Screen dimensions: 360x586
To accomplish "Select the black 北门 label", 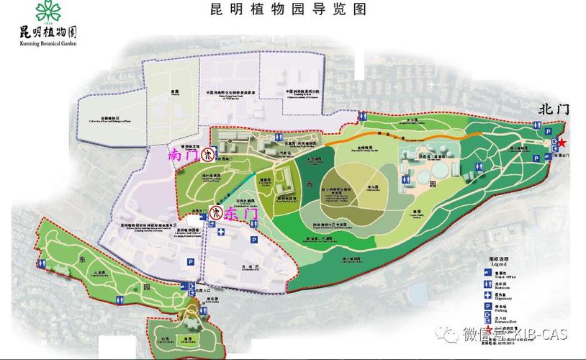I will [554, 109].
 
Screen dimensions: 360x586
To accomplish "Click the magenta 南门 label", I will [183, 154].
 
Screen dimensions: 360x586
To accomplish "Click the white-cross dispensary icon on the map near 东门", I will [221, 233].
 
